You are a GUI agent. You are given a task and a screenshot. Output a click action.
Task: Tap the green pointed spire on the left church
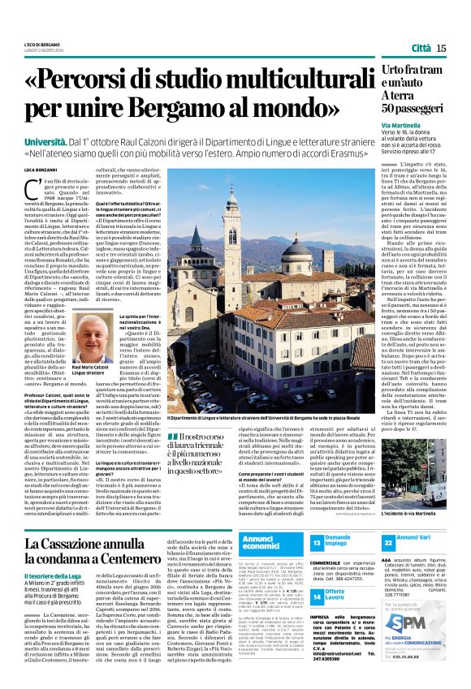[x=196, y=238]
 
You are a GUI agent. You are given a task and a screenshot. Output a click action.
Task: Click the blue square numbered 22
[x=411, y=542]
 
